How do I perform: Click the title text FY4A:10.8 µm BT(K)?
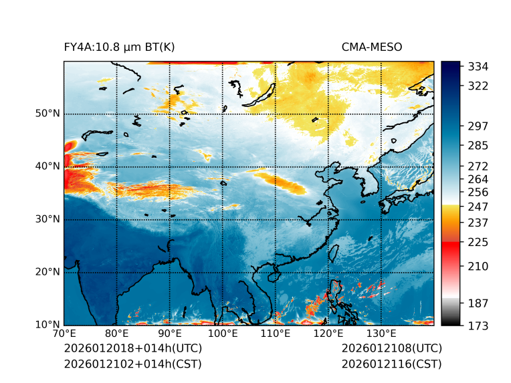tap(119, 47)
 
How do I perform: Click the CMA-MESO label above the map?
tap(371, 47)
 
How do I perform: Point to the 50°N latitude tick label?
tap(47, 114)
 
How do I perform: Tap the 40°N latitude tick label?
tap(47, 166)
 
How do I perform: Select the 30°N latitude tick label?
tap(47, 219)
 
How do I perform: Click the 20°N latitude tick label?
tap(47, 272)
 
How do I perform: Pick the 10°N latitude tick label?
tap(47, 325)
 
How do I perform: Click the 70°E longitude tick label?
tap(64, 334)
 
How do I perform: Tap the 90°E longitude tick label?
tap(170, 334)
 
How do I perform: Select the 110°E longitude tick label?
tap(276, 334)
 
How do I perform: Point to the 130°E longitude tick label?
tap(381, 334)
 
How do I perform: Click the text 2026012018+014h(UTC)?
tap(132, 348)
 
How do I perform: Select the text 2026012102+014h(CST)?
tap(132, 364)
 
